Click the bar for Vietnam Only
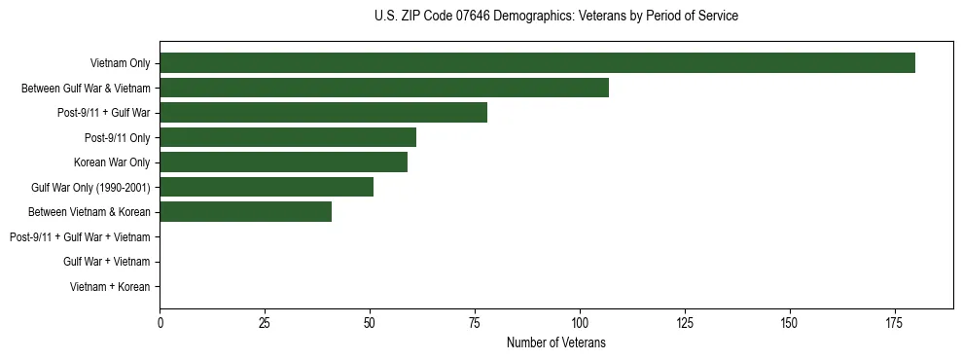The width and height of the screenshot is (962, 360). [537, 62]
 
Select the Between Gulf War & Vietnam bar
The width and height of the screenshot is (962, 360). [384, 88]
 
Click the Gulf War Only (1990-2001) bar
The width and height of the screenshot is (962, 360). [267, 187]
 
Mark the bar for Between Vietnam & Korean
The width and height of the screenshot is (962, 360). [245, 212]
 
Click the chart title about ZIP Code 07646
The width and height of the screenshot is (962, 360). [555, 17]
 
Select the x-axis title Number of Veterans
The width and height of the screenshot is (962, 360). [555, 342]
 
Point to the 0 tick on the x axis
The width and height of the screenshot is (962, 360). [160, 322]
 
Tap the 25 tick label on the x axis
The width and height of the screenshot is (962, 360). [265, 322]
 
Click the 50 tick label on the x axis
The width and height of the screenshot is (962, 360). [370, 322]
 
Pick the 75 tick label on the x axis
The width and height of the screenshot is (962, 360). [475, 322]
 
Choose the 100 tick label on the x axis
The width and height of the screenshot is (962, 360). [580, 322]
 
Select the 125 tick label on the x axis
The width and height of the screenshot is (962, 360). [685, 322]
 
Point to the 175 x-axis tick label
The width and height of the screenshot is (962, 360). [894, 322]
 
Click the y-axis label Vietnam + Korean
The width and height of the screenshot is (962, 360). [110, 287]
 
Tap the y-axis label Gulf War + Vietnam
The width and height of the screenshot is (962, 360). [106, 262]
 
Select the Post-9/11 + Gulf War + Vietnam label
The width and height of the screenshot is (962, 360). [80, 237]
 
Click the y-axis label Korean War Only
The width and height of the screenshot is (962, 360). [112, 162]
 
